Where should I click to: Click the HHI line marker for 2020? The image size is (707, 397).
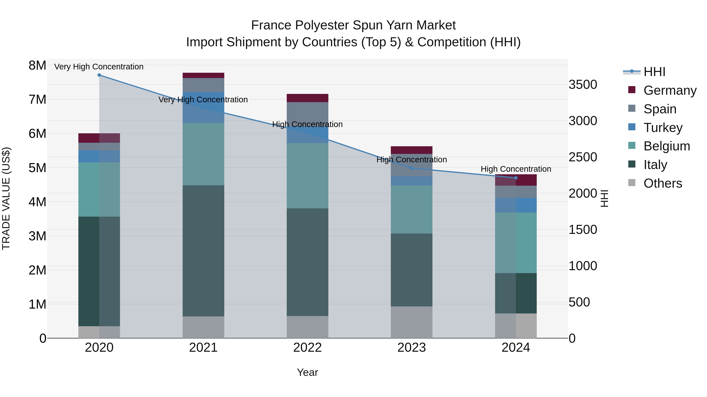[99, 75]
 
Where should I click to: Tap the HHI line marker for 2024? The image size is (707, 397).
[516, 178]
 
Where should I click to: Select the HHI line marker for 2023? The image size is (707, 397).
[411, 168]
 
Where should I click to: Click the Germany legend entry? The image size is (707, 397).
[670, 90]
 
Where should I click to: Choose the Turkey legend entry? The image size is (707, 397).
[663, 128]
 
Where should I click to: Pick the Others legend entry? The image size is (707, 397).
[663, 183]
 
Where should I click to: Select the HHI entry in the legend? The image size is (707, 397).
[654, 72]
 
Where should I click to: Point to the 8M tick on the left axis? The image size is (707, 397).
[37, 65]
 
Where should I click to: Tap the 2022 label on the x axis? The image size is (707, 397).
[307, 348]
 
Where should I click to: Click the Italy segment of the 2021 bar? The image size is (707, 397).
[203, 251]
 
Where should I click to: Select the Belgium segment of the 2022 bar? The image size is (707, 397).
[307, 176]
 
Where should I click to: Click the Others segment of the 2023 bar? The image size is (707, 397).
[411, 322]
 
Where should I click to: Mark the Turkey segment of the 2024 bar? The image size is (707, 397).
[516, 205]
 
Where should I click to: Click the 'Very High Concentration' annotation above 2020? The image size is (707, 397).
[99, 67]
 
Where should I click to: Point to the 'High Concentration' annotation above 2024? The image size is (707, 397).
[516, 169]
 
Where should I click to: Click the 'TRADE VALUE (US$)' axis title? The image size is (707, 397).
[6, 198]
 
